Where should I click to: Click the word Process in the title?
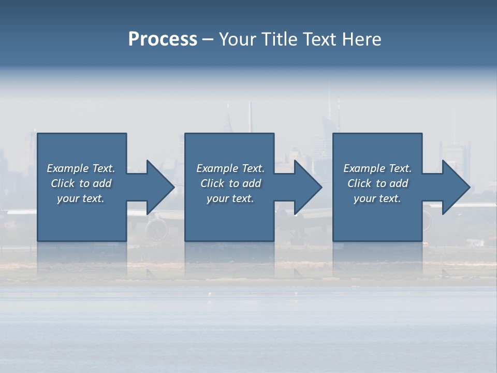tap(163, 39)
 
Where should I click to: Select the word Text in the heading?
tap(319, 39)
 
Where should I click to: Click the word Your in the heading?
tap(239, 39)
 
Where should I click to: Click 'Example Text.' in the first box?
tap(81, 168)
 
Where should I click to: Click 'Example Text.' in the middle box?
tap(230, 168)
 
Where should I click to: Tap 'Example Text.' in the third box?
tap(377, 168)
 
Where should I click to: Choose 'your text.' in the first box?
tap(81, 198)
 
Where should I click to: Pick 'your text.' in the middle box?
tap(230, 198)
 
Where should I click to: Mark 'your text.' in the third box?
tap(377, 198)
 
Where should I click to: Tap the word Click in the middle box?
tap(212, 183)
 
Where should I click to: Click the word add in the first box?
tap(103, 183)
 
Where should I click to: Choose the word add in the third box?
tap(399, 183)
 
